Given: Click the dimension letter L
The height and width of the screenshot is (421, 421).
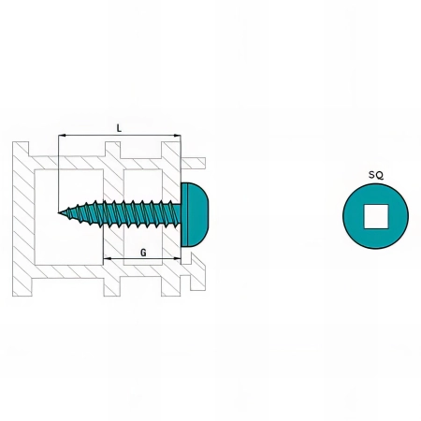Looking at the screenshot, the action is [x=119, y=128].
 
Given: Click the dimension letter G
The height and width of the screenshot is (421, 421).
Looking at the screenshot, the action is [x=143, y=253].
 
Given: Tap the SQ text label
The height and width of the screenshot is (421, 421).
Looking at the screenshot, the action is [x=376, y=175].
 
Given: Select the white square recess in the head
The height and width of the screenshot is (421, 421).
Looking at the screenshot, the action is [x=376, y=216].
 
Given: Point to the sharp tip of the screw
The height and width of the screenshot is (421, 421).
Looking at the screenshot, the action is [x=58, y=212].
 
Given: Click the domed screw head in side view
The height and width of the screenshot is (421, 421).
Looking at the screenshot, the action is [x=195, y=215].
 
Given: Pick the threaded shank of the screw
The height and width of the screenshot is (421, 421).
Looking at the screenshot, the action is [x=120, y=213].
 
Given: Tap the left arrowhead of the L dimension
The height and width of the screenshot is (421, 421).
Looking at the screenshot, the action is [x=62, y=136].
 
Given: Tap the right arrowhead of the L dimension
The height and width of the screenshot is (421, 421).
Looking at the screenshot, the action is [x=177, y=136].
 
